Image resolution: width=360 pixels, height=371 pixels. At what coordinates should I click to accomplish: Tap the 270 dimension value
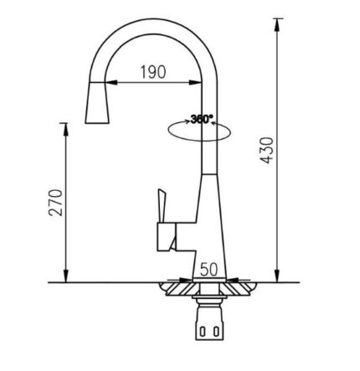[x=55, y=203]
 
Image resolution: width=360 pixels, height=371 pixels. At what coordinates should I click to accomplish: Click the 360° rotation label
[x=202, y=119]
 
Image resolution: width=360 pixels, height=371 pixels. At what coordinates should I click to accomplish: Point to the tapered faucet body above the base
[x=205, y=218]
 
